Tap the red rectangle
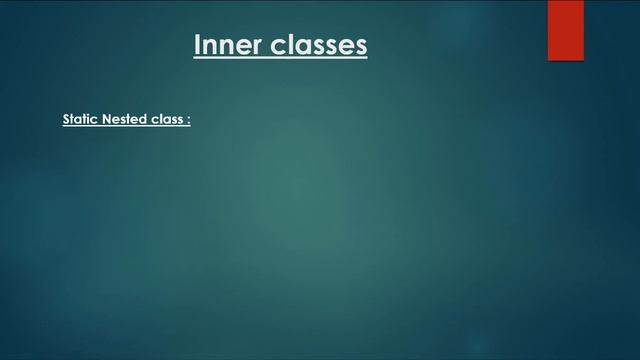click(565, 30)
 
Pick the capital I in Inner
click(197, 45)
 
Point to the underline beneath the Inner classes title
click(280, 58)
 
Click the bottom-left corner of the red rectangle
click(548, 60)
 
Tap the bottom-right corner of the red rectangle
click(582, 60)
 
